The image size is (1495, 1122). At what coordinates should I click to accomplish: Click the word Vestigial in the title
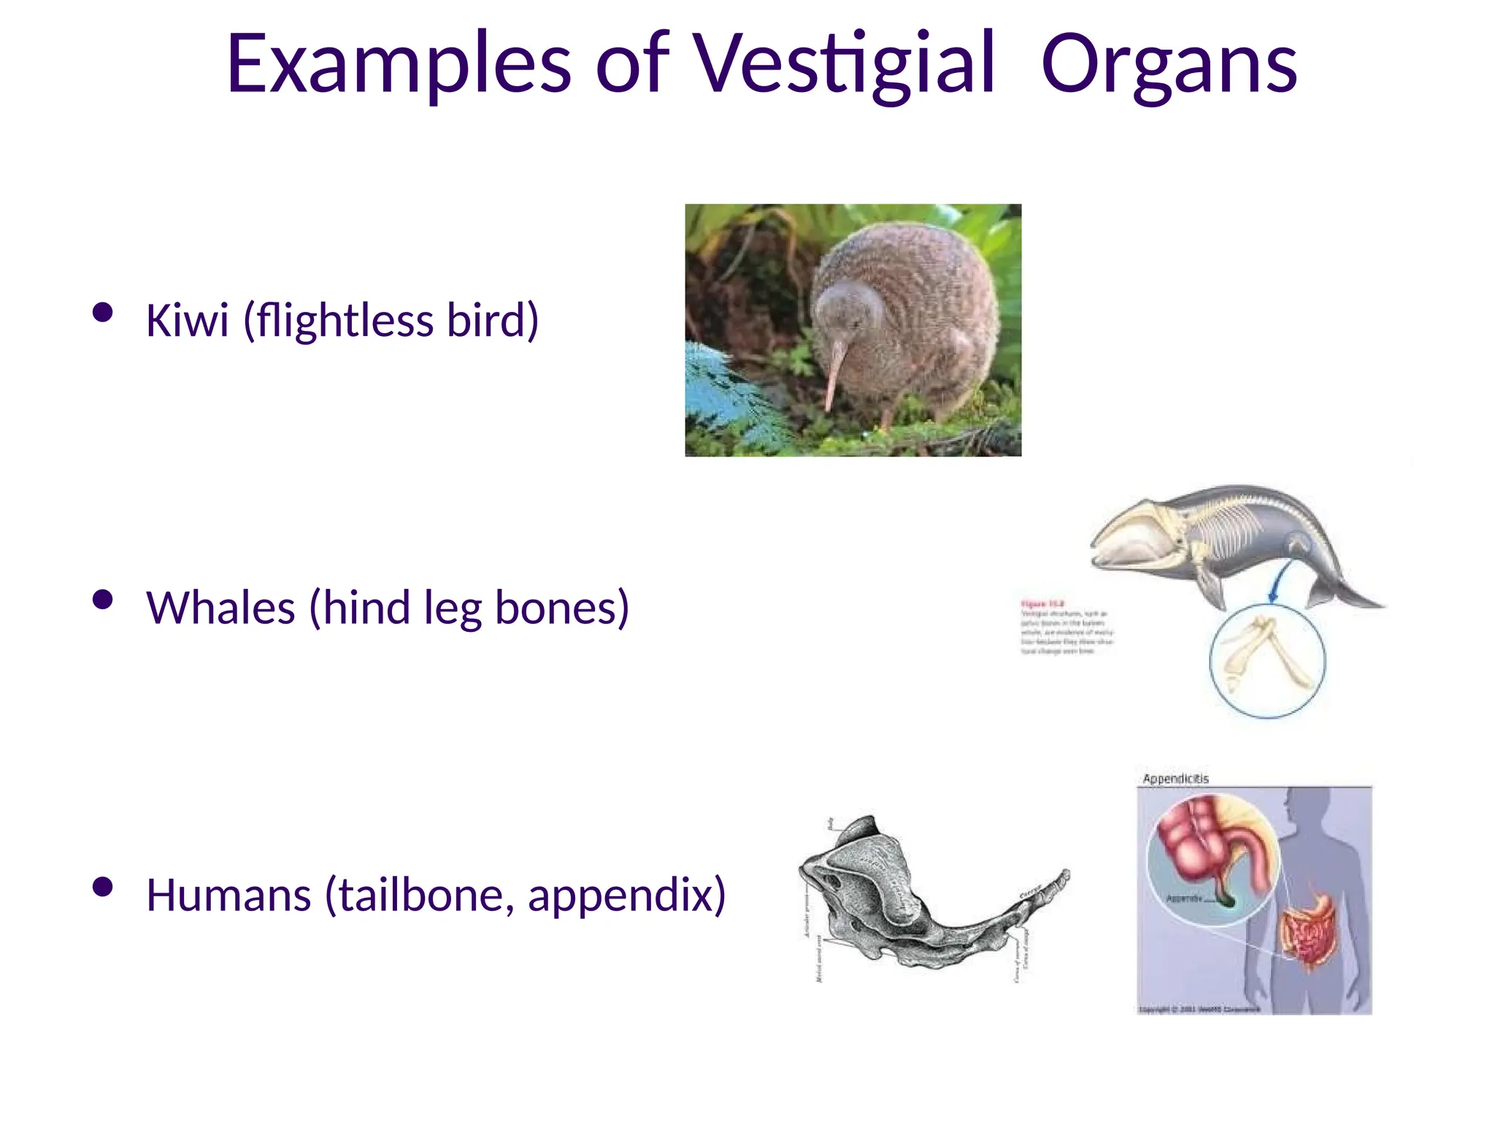point(843,66)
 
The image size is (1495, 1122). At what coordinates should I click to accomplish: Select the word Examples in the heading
point(398,66)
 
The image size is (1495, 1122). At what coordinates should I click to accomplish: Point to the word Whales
point(220,608)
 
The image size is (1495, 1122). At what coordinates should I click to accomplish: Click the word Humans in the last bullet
point(228,895)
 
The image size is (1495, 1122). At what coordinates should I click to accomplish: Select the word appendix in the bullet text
point(626,896)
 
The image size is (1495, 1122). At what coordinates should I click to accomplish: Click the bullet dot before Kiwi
point(103,313)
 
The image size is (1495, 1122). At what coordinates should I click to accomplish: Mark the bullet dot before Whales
point(103,600)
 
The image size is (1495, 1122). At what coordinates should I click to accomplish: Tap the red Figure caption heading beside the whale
point(1042,604)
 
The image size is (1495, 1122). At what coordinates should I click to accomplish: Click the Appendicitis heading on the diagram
point(1175,779)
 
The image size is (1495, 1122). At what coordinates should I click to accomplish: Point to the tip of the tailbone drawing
point(1065,874)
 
